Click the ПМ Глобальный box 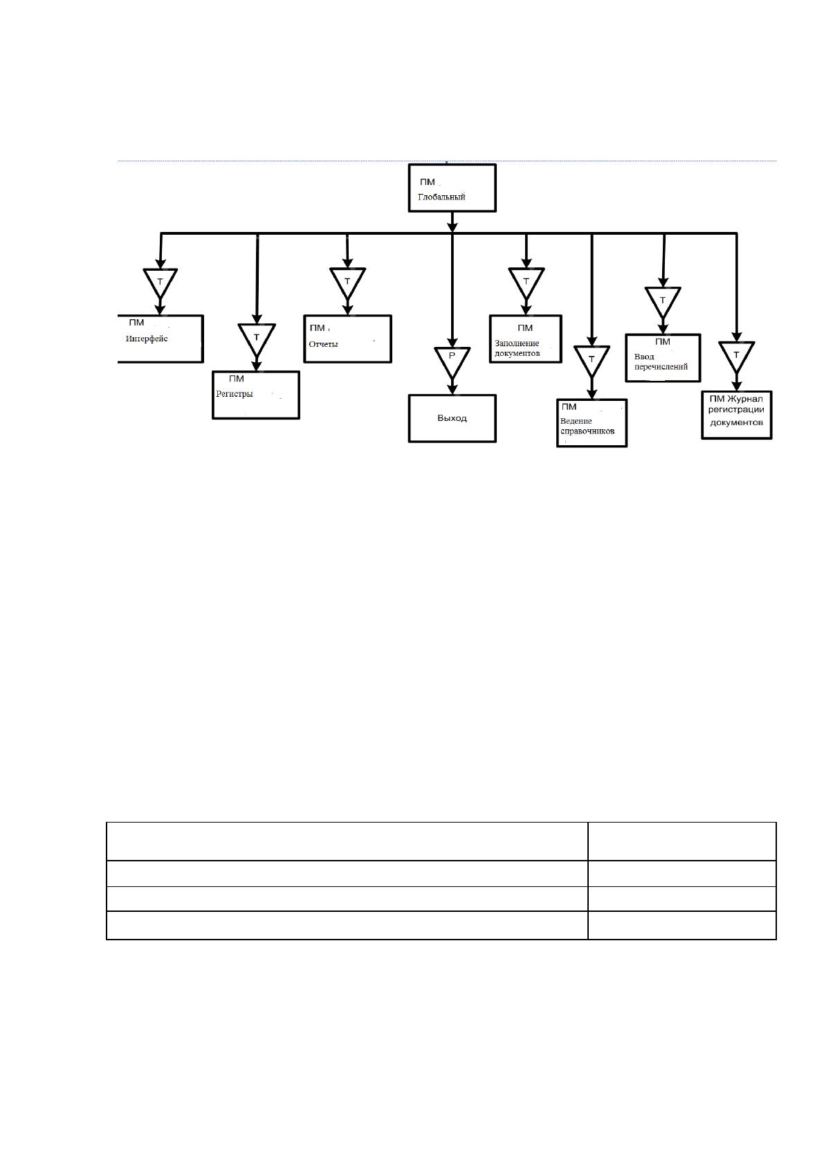(452, 188)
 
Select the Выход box (452, 418)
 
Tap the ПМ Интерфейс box (161, 339)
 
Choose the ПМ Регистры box (256, 395)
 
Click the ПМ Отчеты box (347, 339)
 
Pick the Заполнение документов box (525, 339)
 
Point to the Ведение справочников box (592, 423)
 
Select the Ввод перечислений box (663, 358)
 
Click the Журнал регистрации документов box (736, 415)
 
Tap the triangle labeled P (452, 361)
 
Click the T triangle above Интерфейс (161, 282)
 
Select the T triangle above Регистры (257, 339)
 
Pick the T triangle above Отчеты (347, 282)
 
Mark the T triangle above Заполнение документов (526, 282)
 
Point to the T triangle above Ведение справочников (592, 360)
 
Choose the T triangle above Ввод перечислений (663, 301)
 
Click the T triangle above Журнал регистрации (736, 356)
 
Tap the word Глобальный (441, 197)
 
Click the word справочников (587, 431)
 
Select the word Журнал (745, 400)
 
